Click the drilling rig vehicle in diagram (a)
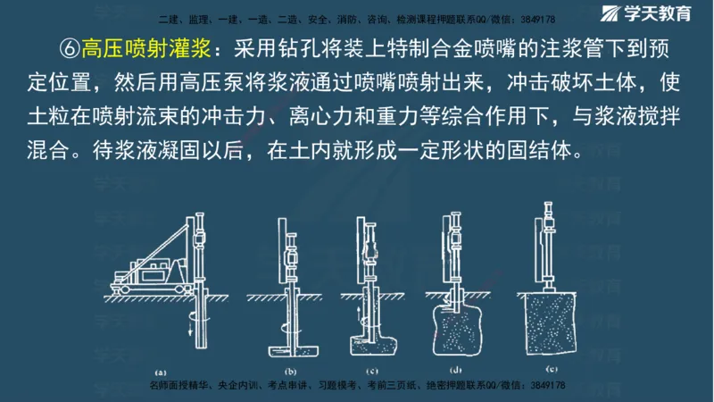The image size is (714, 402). click(x=146, y=267)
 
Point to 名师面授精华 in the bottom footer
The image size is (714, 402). click(x=179, y=385)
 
